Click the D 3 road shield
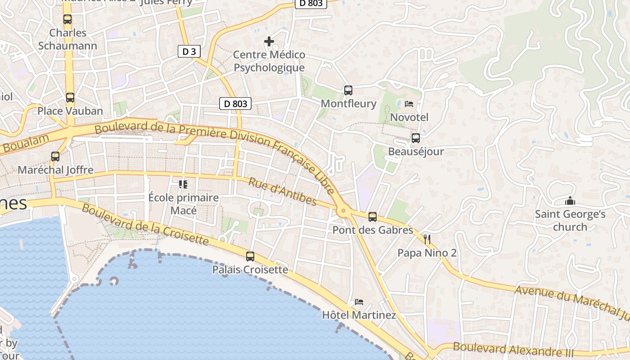tap(189, 51)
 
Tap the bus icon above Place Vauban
tap(70, 98)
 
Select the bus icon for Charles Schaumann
tap(67, 19)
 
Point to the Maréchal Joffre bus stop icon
tap(55, 157)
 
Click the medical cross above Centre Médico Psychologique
tap(269, 42)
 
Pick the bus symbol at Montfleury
tap(348, 90)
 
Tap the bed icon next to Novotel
tap(409, 104)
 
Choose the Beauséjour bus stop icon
tap(416, 138)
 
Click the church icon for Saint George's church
tap(570, 201)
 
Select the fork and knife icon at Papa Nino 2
tap(427, 239)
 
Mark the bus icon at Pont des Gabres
tap(373, 217)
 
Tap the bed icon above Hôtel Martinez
tap(359, 301)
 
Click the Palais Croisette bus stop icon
tap(250, 256)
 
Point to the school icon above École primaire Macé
tap(183, 184)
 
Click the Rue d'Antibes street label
tap(282, 191)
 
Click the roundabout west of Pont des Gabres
tap(344, 210)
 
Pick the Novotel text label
tap(409, 117)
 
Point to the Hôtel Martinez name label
tap(359, 315)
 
